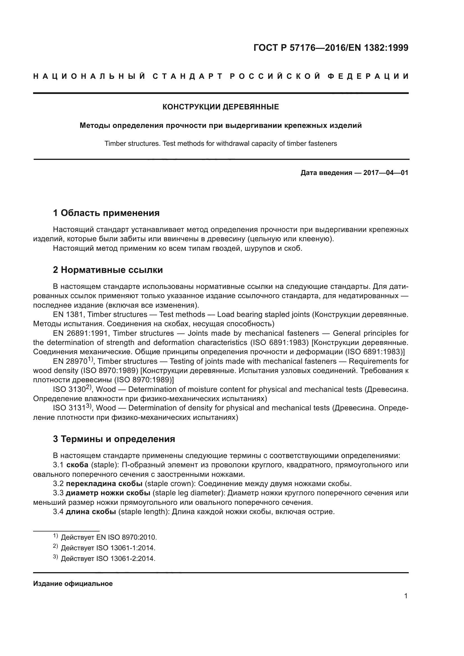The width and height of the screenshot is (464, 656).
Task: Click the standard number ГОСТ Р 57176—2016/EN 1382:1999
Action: coord(330,48)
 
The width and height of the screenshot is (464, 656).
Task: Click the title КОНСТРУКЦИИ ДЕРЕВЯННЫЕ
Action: coord(220,107)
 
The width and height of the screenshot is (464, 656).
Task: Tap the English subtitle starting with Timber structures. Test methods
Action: coord(220,143)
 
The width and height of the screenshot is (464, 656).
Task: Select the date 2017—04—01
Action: coord(385,173)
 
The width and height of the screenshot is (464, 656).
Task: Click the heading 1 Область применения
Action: coord(106,213)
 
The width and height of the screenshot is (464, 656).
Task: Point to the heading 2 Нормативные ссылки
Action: coord(108,270)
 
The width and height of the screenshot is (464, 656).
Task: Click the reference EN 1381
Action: coord(68,315)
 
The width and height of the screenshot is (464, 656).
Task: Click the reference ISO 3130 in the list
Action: coord(69,390)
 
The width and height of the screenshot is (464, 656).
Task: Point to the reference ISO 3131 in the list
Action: coord(69,408)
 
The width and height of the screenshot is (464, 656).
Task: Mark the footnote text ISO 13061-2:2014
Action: coord(126,559)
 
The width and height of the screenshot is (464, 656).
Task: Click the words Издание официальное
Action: coord(73,584)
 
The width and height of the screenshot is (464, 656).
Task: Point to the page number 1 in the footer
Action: coord(406,596)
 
